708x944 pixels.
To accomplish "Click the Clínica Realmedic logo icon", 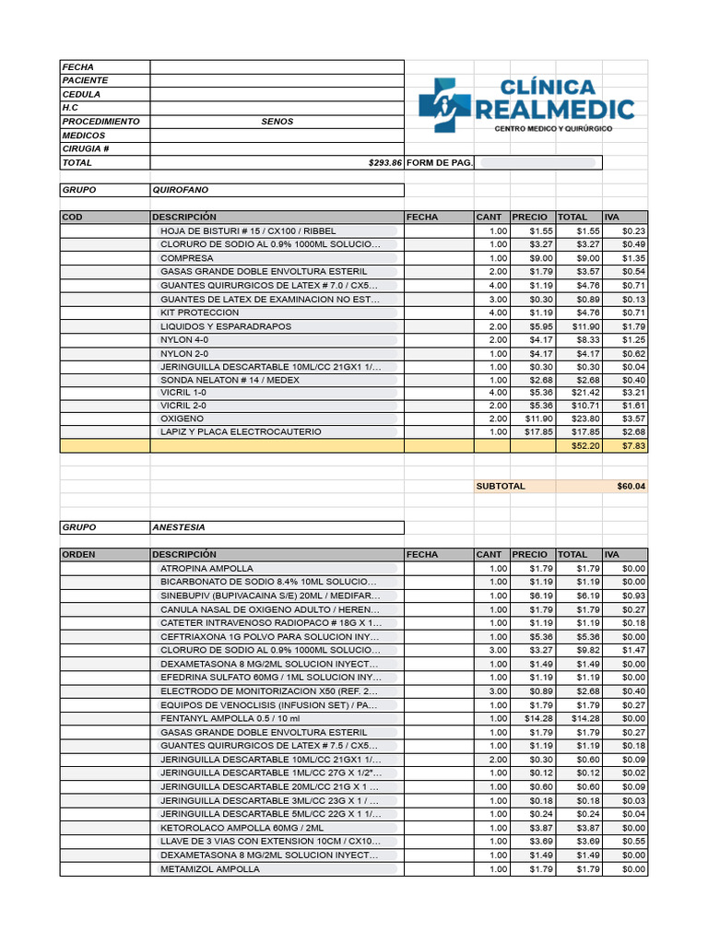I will [444, 105].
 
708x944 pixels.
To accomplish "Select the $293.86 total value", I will [384, 163].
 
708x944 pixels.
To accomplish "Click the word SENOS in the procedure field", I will [277, 122].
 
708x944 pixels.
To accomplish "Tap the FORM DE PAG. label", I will [440, 163].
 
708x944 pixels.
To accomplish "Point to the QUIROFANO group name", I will [181, 190].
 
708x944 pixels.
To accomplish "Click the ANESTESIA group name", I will [179, 528].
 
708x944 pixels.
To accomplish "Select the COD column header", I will [72, 218].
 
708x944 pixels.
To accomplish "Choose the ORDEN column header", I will [78, 555].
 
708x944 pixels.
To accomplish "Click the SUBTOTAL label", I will [501, 486].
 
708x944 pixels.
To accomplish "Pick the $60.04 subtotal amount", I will [631, 486].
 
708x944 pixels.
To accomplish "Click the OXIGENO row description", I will [182, 419].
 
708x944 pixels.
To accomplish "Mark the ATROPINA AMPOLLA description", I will [206, 569].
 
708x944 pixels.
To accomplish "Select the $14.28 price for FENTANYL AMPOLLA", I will [538, 718].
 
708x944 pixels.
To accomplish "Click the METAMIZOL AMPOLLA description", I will [210, 869].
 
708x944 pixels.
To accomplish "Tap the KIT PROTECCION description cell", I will [199, 313].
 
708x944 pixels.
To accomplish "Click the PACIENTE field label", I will [85, 81].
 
